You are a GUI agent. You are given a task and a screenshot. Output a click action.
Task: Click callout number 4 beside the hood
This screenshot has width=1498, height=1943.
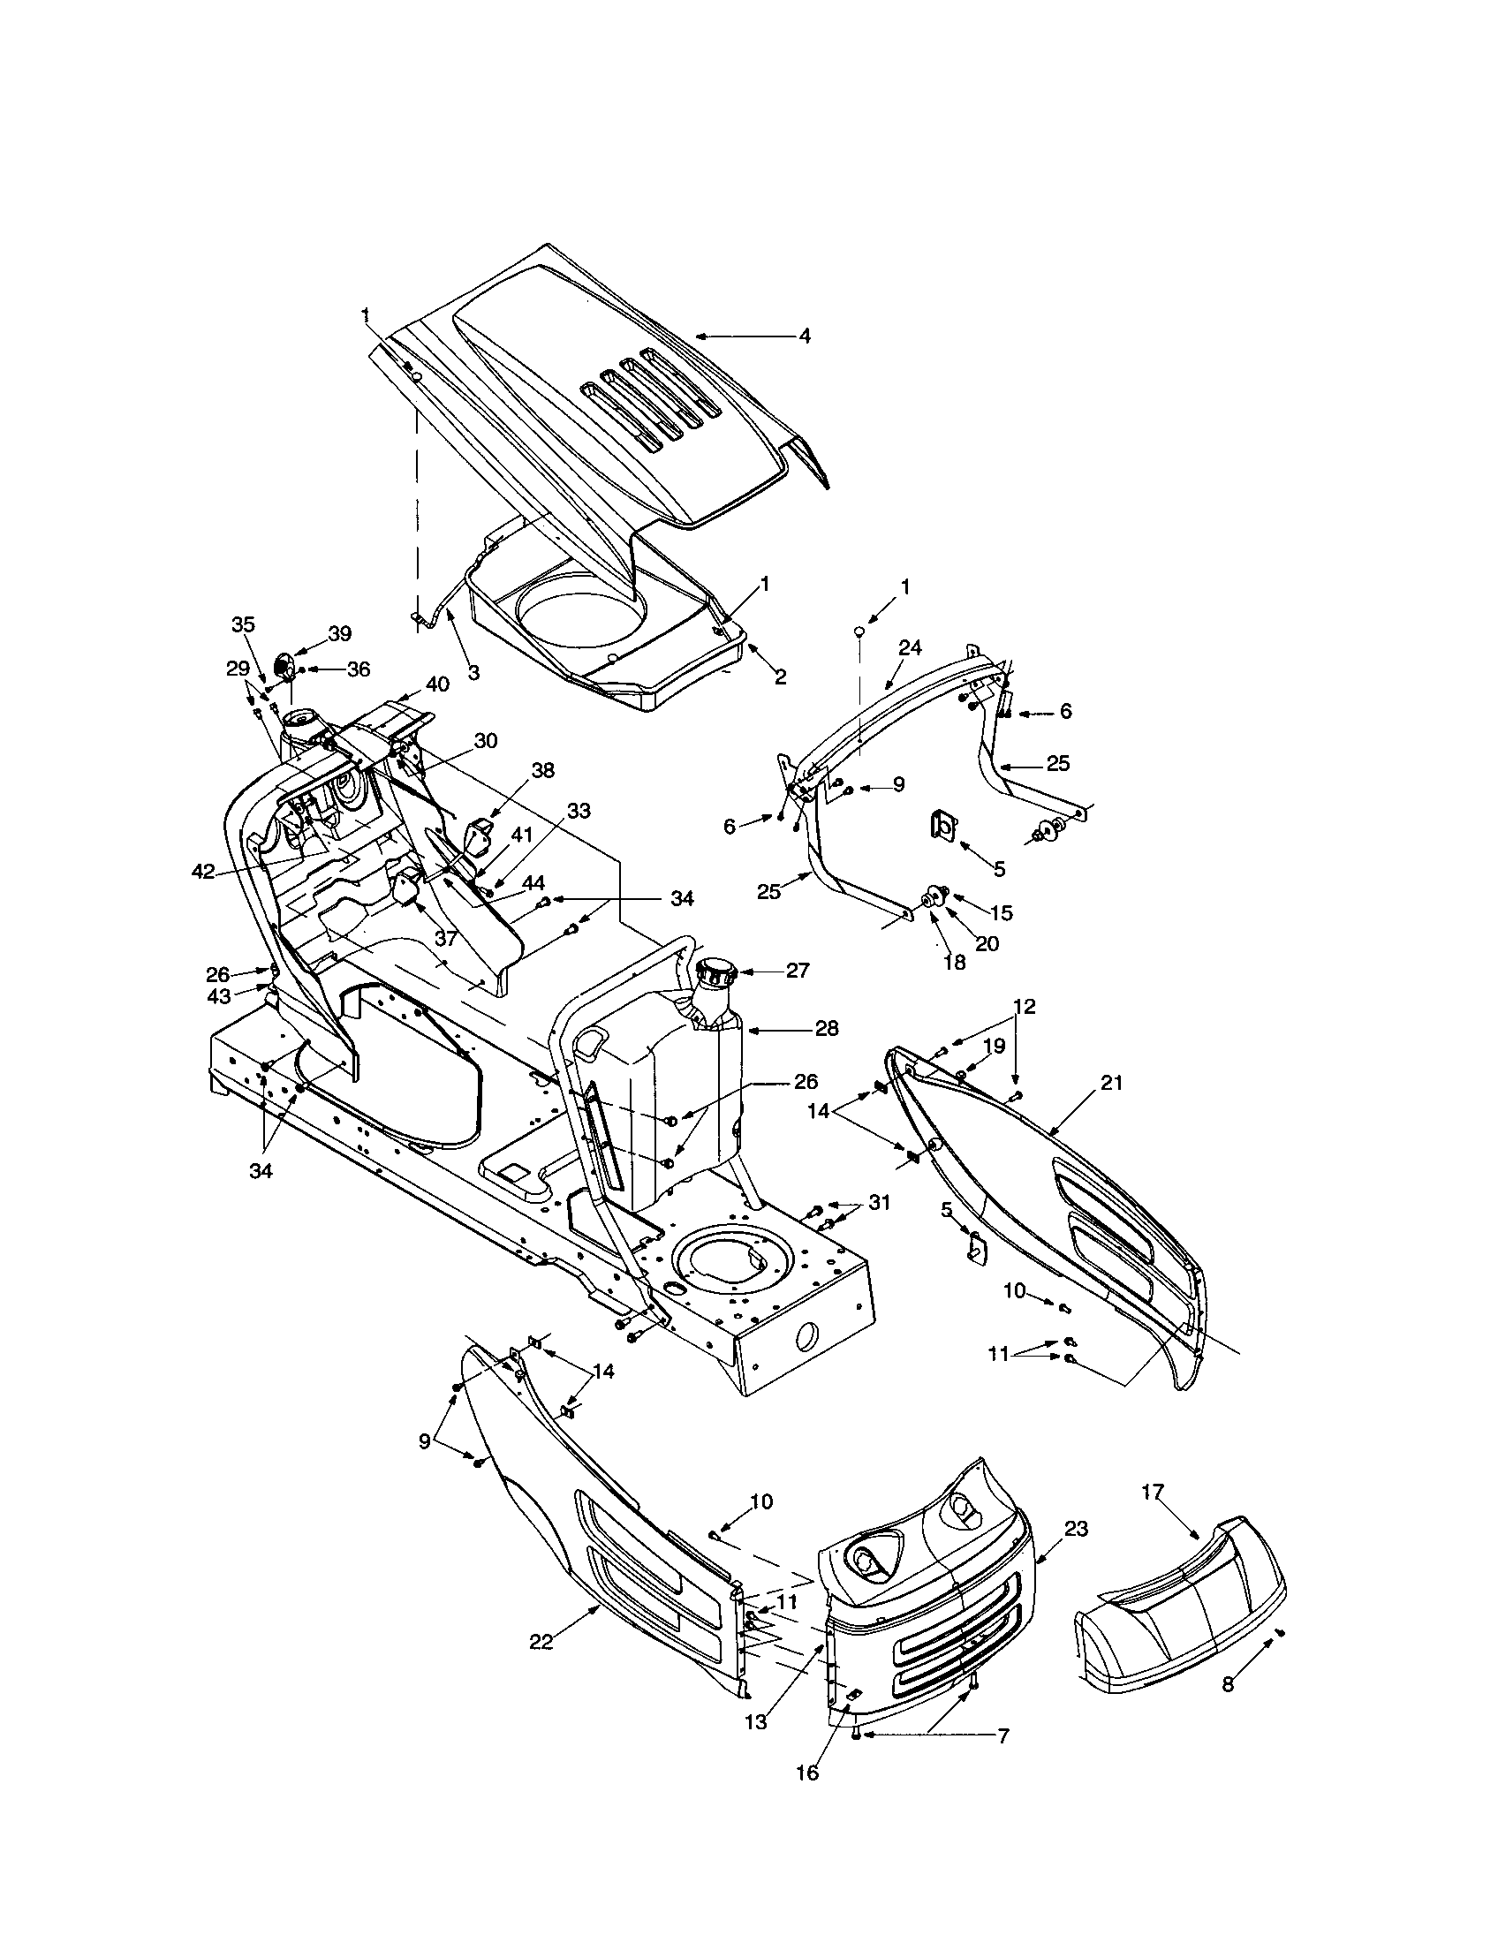coord(804,336)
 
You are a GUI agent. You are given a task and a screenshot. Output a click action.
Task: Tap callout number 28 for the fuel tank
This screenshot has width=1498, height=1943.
coord(826,1028)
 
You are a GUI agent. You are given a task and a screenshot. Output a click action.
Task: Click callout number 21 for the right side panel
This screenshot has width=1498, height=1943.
coord(1111,1083)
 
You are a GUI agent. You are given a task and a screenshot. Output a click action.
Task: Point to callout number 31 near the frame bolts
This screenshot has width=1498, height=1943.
coord(879,1202)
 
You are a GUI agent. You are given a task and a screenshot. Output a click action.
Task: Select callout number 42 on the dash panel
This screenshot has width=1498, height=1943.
coord(203,872)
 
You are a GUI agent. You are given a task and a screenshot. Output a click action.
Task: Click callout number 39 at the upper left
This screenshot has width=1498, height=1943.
coord(340,633)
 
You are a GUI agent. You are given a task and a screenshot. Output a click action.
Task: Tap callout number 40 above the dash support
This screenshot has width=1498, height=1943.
coord(436,684)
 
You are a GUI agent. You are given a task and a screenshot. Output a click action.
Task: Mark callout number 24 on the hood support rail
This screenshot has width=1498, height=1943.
coord(910,647)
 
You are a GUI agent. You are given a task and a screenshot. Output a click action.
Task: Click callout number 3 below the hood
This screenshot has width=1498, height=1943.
coord(473,674)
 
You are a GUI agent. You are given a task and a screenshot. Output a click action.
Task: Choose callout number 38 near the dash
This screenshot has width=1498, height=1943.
coord(541,770)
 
